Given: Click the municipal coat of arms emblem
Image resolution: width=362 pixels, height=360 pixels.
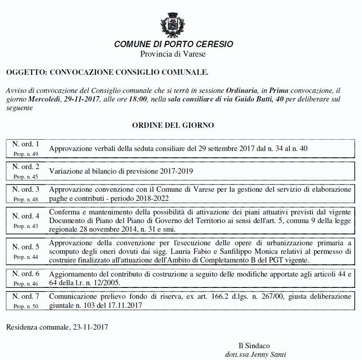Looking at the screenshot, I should click(x=173, y=25).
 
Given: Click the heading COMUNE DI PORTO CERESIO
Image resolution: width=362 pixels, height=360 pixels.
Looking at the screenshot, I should click(x=173, y=44).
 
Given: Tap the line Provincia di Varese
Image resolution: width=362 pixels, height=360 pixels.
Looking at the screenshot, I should click(x=173, y=54).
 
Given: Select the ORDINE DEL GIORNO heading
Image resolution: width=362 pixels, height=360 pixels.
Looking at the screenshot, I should click(x=173, y=125).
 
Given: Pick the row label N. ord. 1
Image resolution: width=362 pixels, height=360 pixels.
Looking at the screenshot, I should click(x=26, y=145).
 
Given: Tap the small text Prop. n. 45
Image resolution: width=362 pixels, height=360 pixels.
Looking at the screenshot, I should click(x=26, y=177).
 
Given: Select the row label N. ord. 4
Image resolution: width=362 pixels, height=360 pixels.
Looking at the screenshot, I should click(x=26, y=216).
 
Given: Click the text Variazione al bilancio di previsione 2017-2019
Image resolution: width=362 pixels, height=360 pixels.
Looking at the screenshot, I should click(x=121, y=171).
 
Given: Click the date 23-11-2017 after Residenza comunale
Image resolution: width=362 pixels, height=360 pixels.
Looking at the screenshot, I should click(x=91, y=326).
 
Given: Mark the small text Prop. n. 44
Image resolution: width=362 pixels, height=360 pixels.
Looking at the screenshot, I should click(x=26, y=257).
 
